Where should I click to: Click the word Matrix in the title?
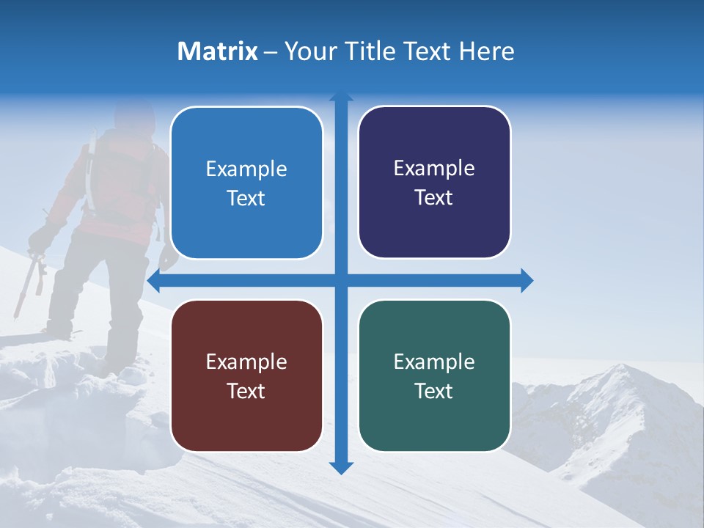pos(217,51)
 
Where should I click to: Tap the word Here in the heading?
pos(486,51)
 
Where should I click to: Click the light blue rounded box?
pos(246,183)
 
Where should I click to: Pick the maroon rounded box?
pos(246,375)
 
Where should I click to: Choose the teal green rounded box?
pos(434,375)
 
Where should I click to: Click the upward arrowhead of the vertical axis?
pos(341,96)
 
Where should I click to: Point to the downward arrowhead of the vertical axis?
pos(341,467)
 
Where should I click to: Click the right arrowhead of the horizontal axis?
pos(527,281)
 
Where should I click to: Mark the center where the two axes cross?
pos(341,281)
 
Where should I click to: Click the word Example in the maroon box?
pos(246,362)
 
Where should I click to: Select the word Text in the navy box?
pos(434,198)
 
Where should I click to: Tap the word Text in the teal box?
pos(434,392)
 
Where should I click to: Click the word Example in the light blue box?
pos(246,169)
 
